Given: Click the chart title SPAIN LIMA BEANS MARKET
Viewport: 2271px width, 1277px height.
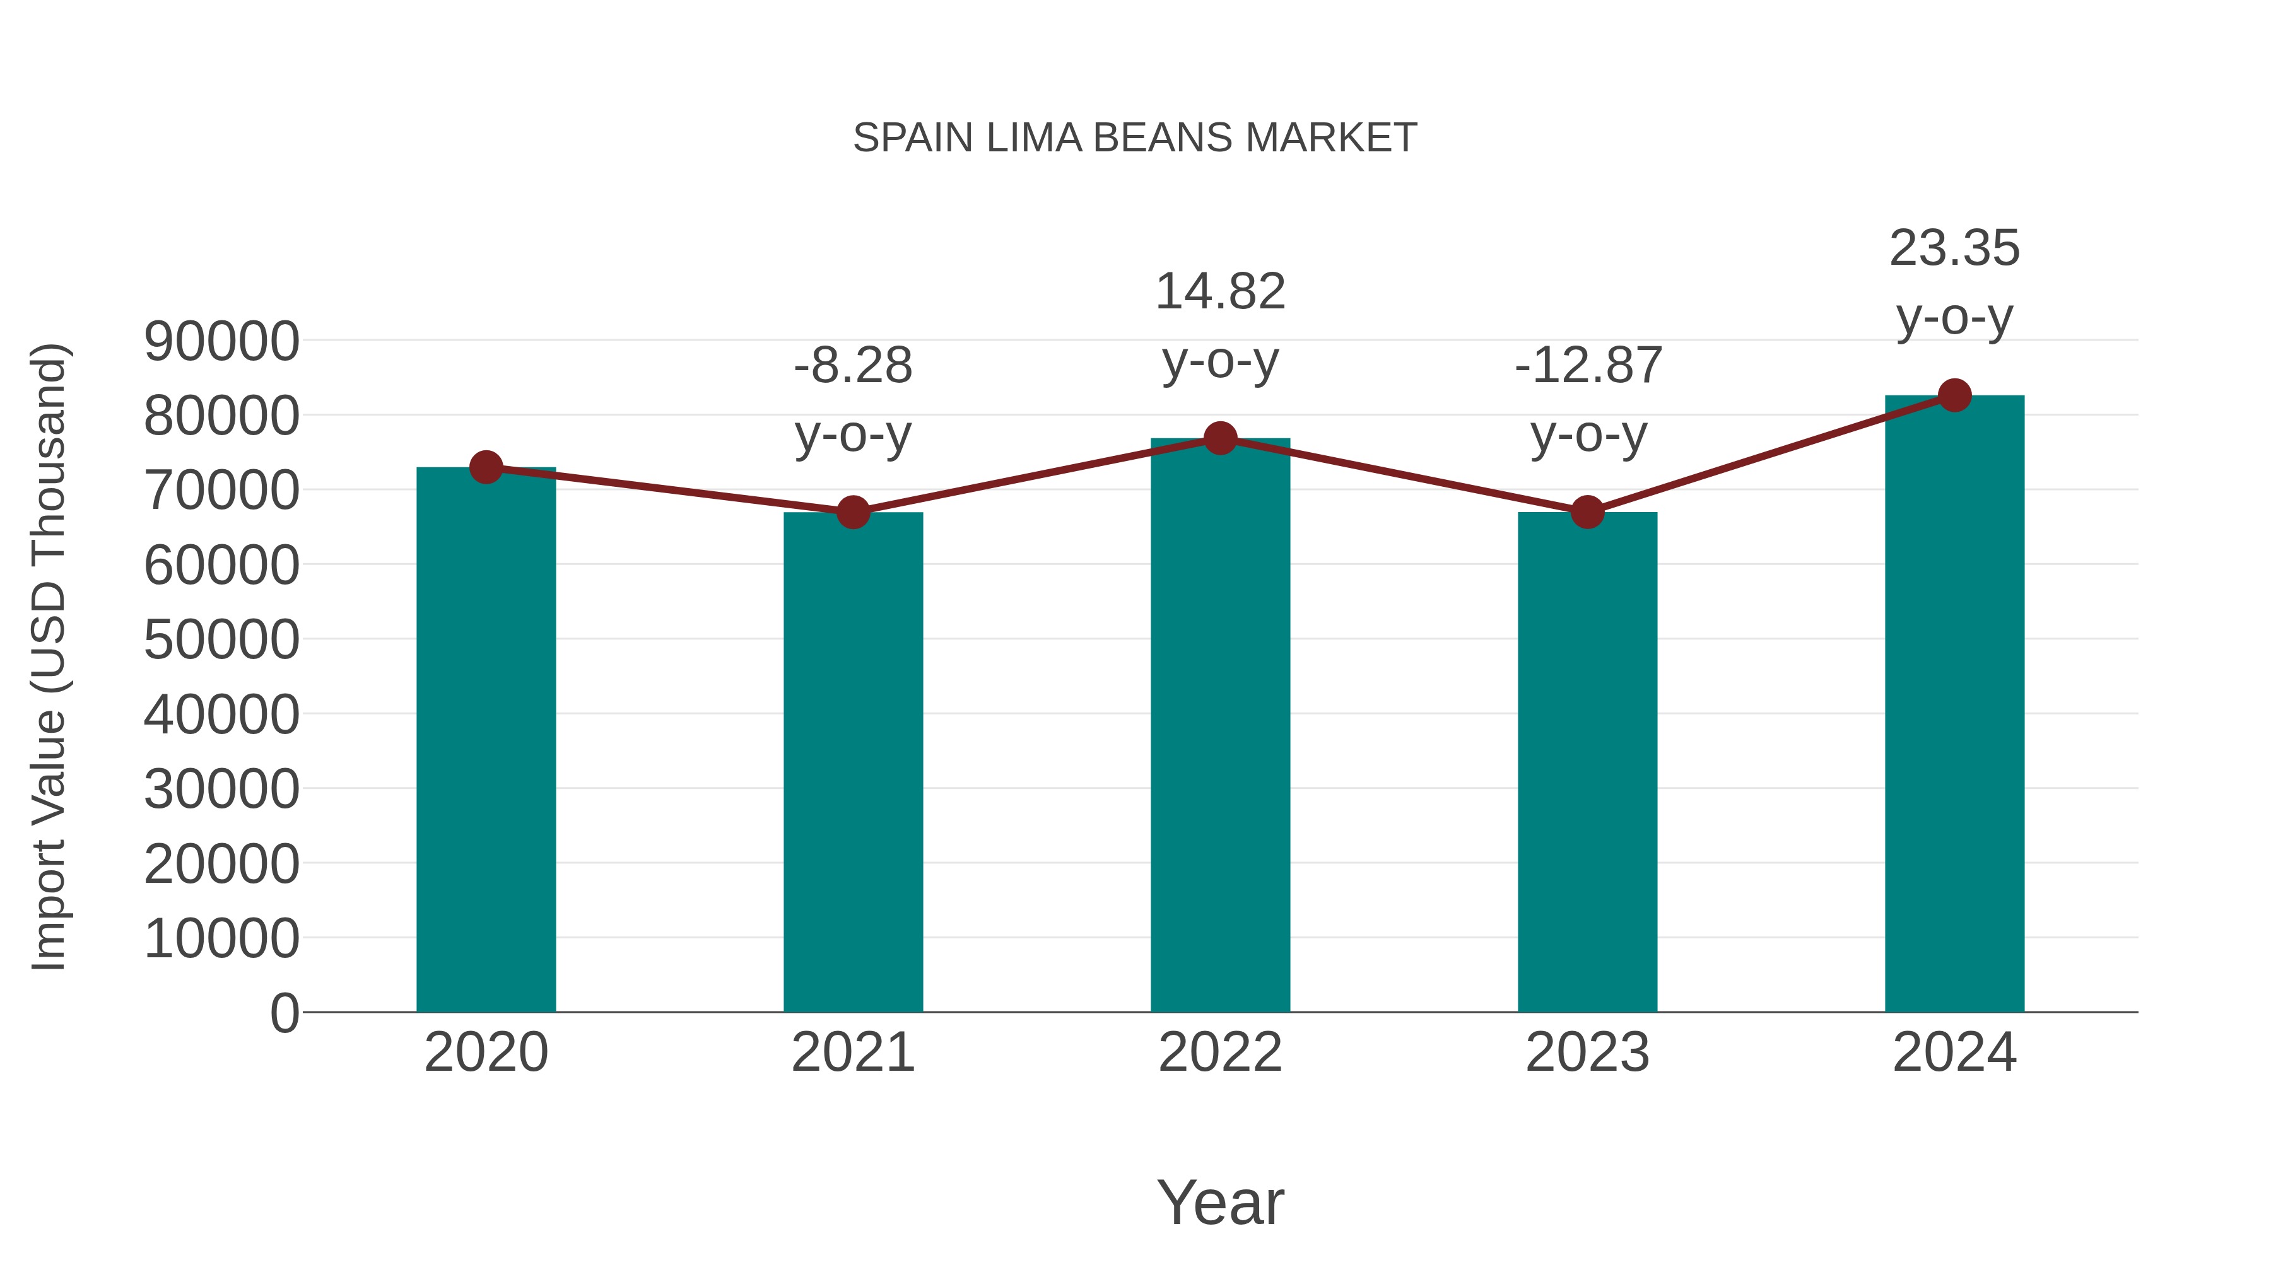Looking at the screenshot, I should click(x=1135, y=138).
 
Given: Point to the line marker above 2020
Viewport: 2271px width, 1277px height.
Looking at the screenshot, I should click(x=486, y=467).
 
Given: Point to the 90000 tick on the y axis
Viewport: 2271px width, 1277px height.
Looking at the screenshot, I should click(x=221, y=341).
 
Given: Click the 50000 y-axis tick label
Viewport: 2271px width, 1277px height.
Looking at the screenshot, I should click(x=221, y=640).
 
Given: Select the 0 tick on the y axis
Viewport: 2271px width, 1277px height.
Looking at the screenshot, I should click(x=284, y=1013).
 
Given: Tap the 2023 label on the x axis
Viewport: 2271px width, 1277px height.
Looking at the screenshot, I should click(x=1587, y=1053).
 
